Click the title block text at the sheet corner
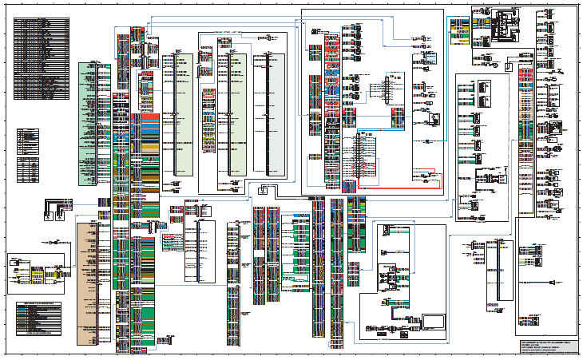click(x=546, y=346)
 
